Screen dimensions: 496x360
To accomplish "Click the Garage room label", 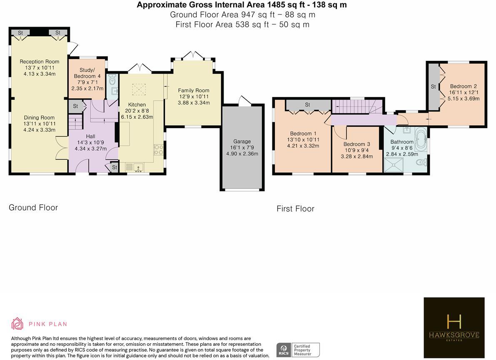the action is pyautogui.click(x=242, y=142).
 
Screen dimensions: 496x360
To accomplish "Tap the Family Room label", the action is pyautogui.click(x=194, y=90).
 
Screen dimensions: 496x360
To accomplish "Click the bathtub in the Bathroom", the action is pyautogui.click(x=421, y=139).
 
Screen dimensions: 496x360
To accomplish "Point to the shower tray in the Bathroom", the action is pyautogui.click(x=394, y=165).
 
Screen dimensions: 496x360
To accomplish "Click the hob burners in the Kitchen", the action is pyautogui.click(x=159, y=150).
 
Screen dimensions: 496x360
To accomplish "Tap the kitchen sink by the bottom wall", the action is pyautogui.click(x=138, y=167).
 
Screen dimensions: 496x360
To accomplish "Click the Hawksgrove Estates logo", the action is pyautogui.click(x=454, y=328).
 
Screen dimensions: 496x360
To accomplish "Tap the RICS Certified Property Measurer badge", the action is pyautogui.click(x=298, y=350).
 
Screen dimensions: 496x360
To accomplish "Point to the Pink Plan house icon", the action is pyautogui.click(x=17, y=324).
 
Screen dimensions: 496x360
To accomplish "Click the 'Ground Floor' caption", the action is pyautogui.click(x=33, y=208).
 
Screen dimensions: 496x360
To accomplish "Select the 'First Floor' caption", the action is pyautogui.click(x=295, y=209).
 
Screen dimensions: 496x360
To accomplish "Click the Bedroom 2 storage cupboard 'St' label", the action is pyautogui.click(x=434, y=87).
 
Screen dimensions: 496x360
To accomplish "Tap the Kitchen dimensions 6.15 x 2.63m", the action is pyautogui.click(x=137, y=117).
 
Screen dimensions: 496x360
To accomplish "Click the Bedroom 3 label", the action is pyautogui.click(x=357, y=144).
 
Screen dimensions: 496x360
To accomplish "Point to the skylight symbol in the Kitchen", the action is pyautogui.click(x=139, y=89).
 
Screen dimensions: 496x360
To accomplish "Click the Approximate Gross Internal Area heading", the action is pyautogui.click(x=242, y=5).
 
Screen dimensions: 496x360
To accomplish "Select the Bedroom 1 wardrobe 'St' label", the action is pyautogui.click(x=307, y=104).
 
